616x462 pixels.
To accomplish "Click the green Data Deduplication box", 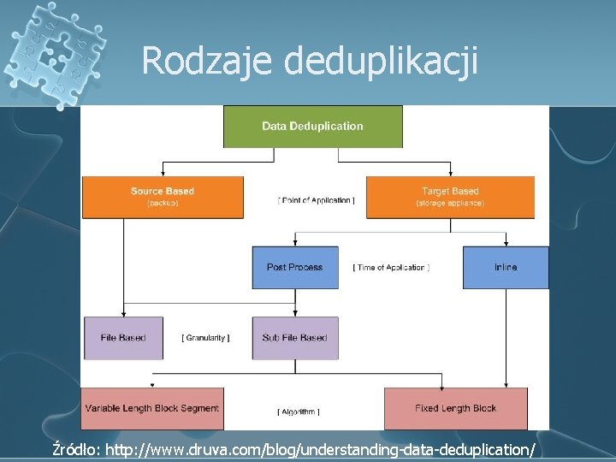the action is click(x=312, y=127).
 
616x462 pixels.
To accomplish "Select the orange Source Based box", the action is click(x=163, y=197).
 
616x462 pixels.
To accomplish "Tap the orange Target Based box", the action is click(x=450, y=197).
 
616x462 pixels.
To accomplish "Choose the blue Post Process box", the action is click(x=294, y=267).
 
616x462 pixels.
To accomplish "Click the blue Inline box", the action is click(x=506, y=267).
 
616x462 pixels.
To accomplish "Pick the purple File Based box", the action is click(x=123, y=338).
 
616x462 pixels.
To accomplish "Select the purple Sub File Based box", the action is click(x=294, y=338).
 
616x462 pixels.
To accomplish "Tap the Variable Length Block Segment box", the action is click(x=152, y=408).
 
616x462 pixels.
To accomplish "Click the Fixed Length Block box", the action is click(x=455, y=408).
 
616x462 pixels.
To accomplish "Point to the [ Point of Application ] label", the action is click(x=316, y=200).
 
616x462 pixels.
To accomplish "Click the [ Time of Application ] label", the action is click(x=391, y=268).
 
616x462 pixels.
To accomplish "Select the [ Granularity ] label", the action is click(x=205, y=338).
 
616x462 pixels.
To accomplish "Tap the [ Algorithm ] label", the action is click(x=299, y=412).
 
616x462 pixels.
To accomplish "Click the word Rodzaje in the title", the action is click(x=205, y=61).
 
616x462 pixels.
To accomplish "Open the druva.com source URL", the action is click(x=321, y=448).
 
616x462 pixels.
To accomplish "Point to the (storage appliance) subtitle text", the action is click(x=450, y=204).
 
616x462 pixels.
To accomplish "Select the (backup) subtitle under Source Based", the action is click(x=163, y=204).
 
